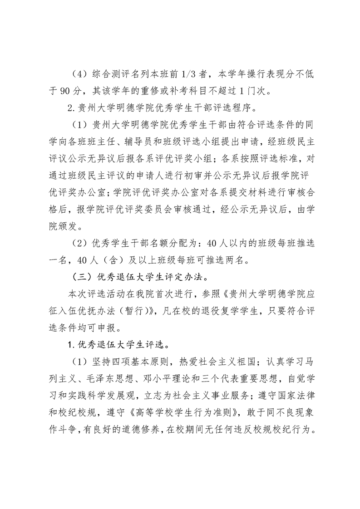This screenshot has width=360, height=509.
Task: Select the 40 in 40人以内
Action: [212, 244]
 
